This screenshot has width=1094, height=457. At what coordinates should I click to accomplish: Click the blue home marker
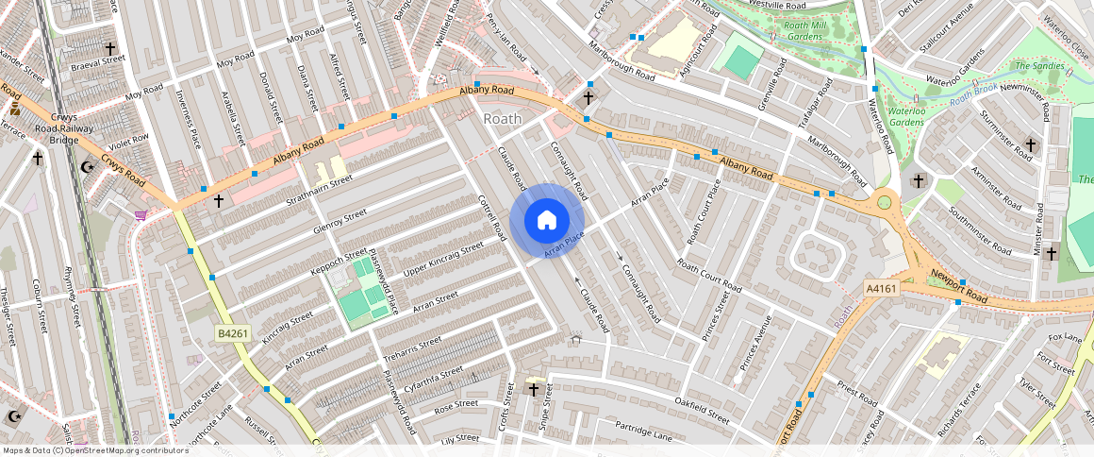(x=546, y=221)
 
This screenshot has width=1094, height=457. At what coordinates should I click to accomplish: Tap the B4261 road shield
(x=232, y=333)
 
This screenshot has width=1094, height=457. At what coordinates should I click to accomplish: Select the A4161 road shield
(x=880, y=288)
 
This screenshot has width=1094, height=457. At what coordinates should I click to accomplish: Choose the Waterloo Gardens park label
(x=906, y=115)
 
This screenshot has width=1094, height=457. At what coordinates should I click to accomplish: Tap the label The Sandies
(x=1038, y=66)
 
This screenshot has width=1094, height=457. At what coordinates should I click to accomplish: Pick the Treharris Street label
(x=412, y=347)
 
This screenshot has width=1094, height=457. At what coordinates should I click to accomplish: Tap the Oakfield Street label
(x=702, y=411)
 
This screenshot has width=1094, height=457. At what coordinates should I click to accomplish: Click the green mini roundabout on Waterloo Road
(x=884, y=200)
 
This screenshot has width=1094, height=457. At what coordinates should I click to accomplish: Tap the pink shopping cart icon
(x=141, y=216)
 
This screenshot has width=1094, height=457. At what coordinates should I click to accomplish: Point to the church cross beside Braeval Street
(x=109, y=47)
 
